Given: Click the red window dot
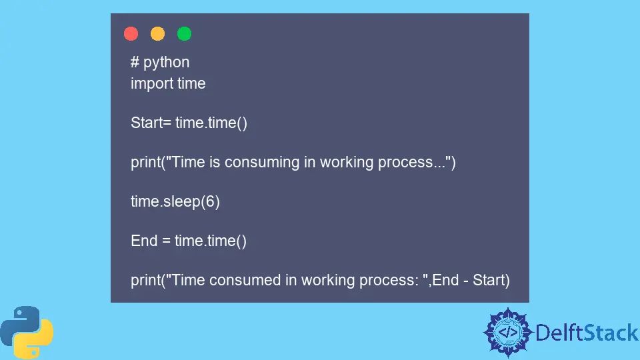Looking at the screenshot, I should point(131,33).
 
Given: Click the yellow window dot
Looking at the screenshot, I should point(157,33).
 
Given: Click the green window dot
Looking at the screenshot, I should point(184,33).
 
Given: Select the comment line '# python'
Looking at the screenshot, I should point(160,63).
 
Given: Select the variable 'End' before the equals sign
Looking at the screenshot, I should point(144,241).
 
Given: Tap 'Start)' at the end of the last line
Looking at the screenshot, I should point(491,281).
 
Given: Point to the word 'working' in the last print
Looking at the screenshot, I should point(315,281).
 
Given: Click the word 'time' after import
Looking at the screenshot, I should point(191,84).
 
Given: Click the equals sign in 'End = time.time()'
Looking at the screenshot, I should point(166,241).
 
